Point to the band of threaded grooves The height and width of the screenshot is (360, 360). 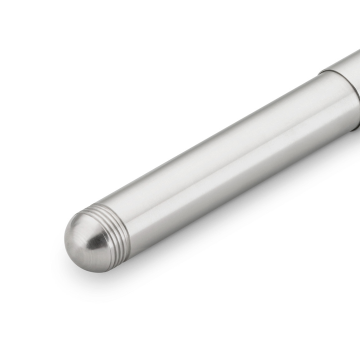pyautogui.click(x=117, y=232)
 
